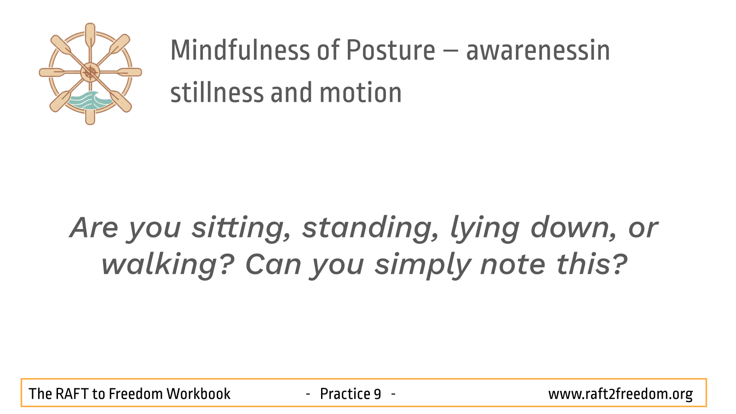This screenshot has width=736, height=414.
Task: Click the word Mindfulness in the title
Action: (240, 50)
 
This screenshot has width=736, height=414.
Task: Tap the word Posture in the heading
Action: (391, 50)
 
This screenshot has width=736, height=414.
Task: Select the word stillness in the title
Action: (217, 92)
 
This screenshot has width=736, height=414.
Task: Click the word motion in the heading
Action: (361, 92)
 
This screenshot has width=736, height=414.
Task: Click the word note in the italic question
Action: (512, 265)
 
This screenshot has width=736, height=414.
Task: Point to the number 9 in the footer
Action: (377, 394)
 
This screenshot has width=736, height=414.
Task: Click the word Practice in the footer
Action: (345, 394)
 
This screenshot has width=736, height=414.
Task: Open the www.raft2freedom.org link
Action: (621, 394)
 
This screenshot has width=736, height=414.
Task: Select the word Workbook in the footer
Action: (198, 394)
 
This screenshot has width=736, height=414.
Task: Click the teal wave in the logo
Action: (89, 100)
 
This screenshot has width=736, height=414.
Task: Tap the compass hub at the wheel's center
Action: (90, 72)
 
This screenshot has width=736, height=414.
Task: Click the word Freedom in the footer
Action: (136, 394)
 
